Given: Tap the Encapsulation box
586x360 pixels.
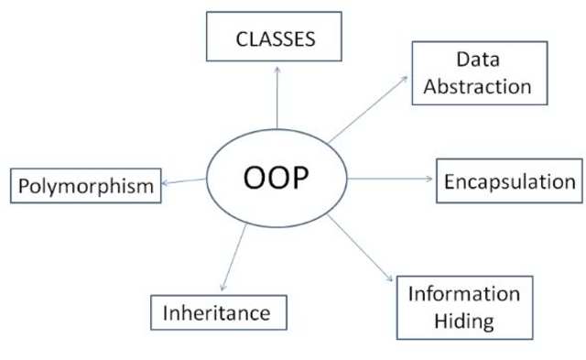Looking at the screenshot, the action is point(509,181).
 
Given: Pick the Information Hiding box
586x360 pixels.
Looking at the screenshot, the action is point(464,307).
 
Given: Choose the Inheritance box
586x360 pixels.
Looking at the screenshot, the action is point(217,312).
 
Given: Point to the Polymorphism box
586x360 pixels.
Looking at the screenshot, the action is point(84,187).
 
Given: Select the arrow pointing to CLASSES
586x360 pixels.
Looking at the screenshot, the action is point(276,101).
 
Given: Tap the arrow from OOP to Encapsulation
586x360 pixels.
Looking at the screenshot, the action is point(389,180).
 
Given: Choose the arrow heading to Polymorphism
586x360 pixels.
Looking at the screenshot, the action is point(183,183).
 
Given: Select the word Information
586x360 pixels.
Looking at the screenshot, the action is point(464,294).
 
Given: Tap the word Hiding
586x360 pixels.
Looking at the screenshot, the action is point(464,321).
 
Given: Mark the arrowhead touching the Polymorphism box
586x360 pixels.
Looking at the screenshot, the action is point(164,185).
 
